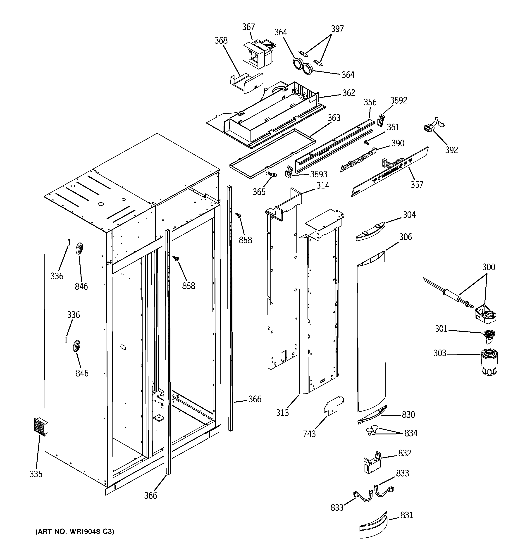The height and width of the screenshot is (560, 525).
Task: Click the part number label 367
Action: [248, 27]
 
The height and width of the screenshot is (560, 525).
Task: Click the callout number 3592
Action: [399, 100]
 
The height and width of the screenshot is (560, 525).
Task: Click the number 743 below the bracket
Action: [309, 434]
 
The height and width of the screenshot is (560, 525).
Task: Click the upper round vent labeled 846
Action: [79, 249]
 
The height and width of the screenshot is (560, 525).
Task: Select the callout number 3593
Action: [318, 174]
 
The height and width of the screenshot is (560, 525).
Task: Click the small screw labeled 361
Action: [367, 143]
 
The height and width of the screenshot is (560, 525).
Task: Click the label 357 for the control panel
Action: [417, 185]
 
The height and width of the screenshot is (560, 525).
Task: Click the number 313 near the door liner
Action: [282, 413]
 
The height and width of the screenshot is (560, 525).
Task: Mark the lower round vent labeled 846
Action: [76, 346]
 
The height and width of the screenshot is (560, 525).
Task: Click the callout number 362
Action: [348, 93]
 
